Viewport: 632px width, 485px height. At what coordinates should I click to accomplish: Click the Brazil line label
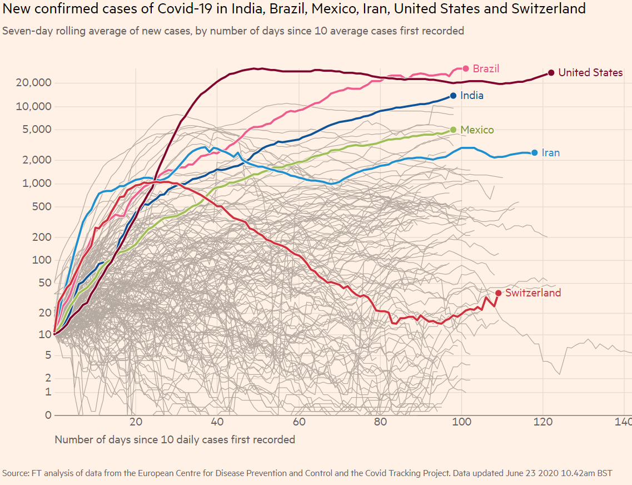coord(486,69)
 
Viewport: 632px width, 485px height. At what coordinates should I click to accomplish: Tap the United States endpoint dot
coord(551,72)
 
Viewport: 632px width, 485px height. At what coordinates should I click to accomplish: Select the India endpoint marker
coord(453,96)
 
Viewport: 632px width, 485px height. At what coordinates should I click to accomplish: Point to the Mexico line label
coord(477,130)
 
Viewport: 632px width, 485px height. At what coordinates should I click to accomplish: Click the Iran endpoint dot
coord(534,152)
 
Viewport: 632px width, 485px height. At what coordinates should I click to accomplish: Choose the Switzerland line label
coord(533,293)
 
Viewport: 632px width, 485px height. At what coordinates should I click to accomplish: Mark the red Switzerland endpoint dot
coord(498,293)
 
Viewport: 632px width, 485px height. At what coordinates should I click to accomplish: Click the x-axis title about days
coord(175,439)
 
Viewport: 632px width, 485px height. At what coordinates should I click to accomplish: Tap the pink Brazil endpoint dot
coord(465,68)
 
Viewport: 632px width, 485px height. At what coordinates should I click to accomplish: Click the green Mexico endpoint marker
coord(453,130)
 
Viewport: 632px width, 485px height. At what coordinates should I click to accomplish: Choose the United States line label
coord(590,73)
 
